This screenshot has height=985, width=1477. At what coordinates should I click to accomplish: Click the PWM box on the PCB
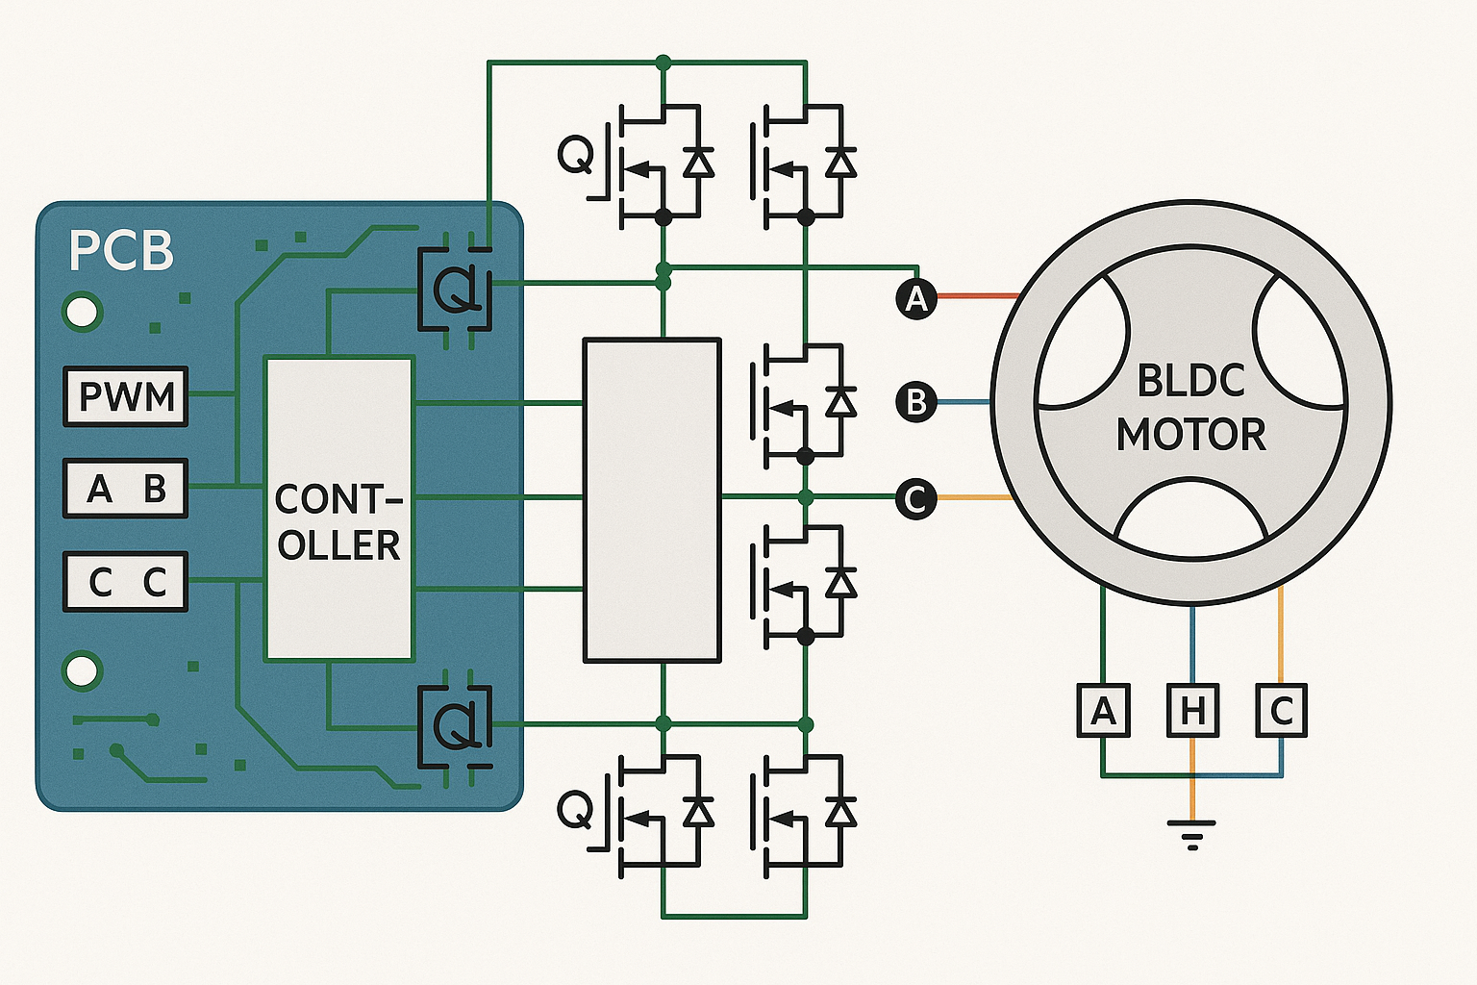coord(125,396)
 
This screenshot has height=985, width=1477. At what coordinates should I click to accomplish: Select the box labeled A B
coord(125,489)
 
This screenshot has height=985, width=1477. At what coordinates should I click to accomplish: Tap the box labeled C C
coord(125,582)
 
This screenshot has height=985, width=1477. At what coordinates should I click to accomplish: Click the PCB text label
coord(121,251)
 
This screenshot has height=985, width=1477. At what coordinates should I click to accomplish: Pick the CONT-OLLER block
coord(338,509)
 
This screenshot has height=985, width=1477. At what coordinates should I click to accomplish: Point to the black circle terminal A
coord(916,298)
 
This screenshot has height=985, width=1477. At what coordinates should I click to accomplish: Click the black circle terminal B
coord(916,401)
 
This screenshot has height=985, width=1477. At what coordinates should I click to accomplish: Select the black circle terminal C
coord(915,498)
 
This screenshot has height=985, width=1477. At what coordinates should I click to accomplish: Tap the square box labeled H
coord(1192,711)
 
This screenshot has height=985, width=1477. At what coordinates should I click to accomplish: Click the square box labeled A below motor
coord(1103,711)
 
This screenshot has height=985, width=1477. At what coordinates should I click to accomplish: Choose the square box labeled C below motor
coord(1281,711)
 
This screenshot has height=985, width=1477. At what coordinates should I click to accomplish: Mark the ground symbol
coord(1191,833)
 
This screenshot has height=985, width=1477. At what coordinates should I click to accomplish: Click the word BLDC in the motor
coord(1190,381)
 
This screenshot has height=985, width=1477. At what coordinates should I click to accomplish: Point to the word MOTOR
coord(1190,435)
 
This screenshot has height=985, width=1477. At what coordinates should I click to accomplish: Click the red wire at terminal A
coord(977,296)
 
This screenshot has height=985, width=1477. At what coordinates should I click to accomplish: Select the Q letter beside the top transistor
coord(575,155)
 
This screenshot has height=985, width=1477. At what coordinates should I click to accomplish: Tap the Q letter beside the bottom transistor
coord(575,809)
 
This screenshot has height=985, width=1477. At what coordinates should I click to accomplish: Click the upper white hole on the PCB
coord(82,313)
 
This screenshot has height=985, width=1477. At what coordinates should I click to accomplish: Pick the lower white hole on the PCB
coord(82,670)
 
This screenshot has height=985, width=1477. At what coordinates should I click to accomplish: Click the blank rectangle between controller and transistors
coord(652,500)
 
